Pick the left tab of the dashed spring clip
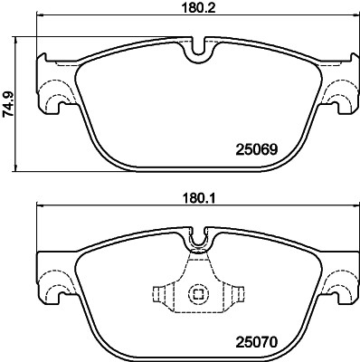tap(159, 294)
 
